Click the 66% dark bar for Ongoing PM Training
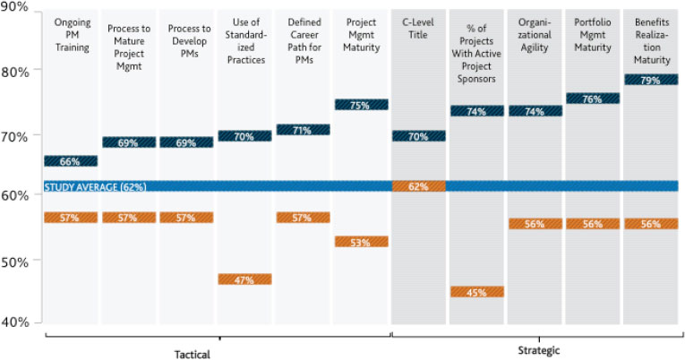71,161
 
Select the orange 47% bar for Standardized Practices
244,279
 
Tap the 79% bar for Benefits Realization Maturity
650,80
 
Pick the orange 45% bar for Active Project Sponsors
476,292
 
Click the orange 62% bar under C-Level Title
418,186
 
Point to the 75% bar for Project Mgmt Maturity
360,105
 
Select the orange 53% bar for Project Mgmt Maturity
360,242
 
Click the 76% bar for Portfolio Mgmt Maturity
592,99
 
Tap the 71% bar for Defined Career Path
303,130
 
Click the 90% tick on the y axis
15,7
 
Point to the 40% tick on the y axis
15,322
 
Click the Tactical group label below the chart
192,353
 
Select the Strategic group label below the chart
540,351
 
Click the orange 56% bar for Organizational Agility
535,224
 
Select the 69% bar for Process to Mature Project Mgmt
129,142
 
